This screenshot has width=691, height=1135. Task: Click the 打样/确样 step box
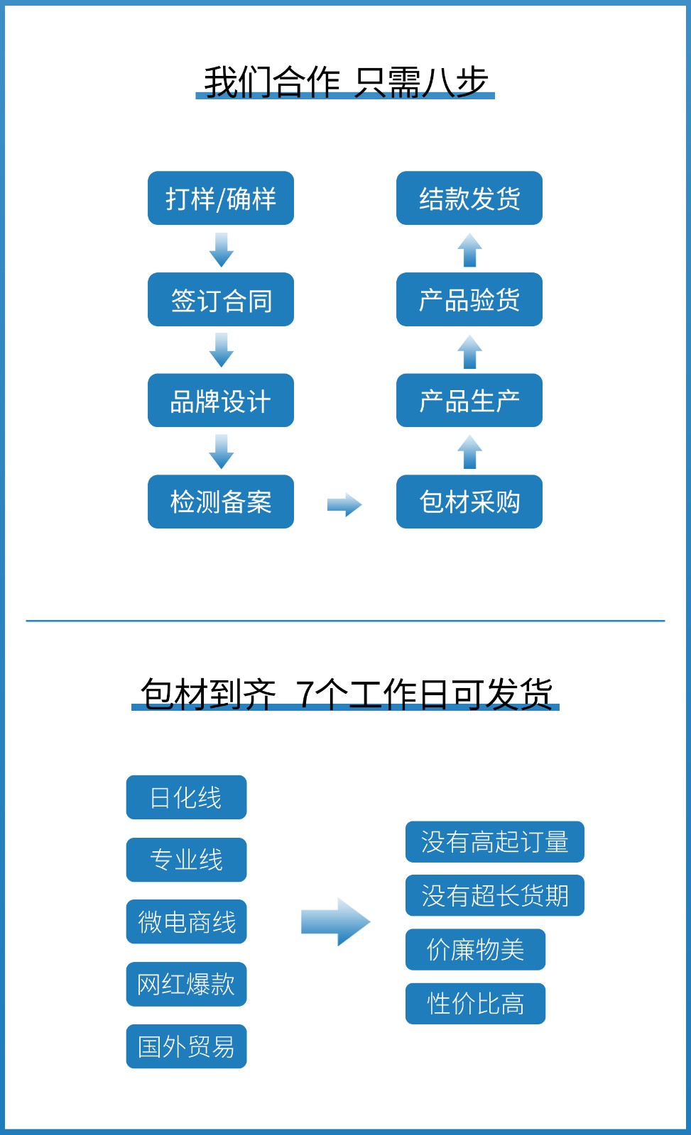[x=221, y=198]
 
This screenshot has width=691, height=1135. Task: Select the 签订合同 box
[x=221, y=299]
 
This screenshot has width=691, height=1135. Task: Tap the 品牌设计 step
[x=221, y=400]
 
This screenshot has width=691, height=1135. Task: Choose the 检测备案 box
[x=221, y=502]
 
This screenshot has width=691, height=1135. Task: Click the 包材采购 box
[x=469, y=502]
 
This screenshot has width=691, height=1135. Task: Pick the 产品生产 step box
[x=469, y=400]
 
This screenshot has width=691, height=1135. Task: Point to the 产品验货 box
[x=469, y=299]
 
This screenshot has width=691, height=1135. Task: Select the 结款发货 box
[x=469, y=198]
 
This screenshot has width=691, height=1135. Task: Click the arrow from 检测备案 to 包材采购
[x=344, y=505]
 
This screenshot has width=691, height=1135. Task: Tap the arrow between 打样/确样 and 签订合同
[x=222, y=249]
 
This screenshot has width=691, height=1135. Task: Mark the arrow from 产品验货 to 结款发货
[x=469, y=250]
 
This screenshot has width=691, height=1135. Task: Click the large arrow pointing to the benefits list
[x=335, y=921]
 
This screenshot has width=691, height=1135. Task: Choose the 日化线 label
[x=186, y=797]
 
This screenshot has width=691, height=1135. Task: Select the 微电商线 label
[x=186, y=921]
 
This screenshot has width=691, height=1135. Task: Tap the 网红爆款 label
[x=186, y=984]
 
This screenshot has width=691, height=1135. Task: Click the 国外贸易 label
[x=186, y=1046]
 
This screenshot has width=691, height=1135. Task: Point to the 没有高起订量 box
[x=494, y=842]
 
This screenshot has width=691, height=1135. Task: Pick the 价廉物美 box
[x=475, y=949]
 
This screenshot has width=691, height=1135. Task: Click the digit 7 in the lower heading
[x=305, y=694]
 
